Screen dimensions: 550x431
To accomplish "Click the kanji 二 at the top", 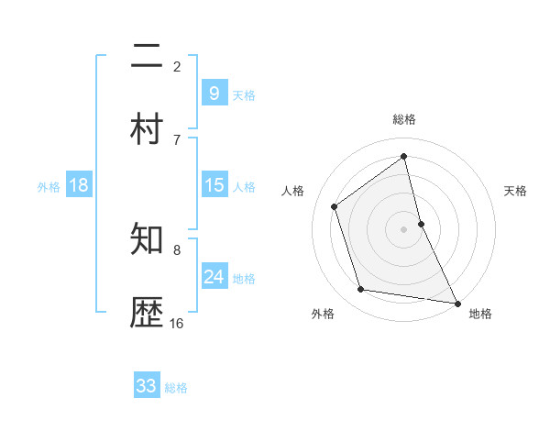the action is [x=148, y=57].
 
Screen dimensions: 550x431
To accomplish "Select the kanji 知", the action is [x=148, y=240].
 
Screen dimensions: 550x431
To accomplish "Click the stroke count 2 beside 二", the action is [x=177, y=66].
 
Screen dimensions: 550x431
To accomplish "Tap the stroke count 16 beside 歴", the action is [x=177, y=323].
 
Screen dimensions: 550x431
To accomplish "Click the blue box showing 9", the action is [x=214, y=93].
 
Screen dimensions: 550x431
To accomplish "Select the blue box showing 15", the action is [x=214, y=185].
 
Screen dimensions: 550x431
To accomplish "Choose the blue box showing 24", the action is [x=214, y=277].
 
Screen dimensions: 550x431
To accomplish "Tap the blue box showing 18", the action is [x=79, y=185].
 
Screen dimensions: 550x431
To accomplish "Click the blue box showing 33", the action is [x=147, y=386].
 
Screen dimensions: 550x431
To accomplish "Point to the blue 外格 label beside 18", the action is [x=49, y=187].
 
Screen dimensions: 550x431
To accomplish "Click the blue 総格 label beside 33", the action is [x=176, y=388].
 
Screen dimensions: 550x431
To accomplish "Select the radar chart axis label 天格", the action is [x=515, y=191].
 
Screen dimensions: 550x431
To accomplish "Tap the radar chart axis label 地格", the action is [x=480, y=315].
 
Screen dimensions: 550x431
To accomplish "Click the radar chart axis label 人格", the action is [x=292, y=191].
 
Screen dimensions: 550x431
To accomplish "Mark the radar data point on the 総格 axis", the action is [x=404, y=156].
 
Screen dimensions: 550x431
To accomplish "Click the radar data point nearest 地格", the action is [x=456, y=302].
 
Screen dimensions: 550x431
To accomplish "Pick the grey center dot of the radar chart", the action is [x=404, y=229].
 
